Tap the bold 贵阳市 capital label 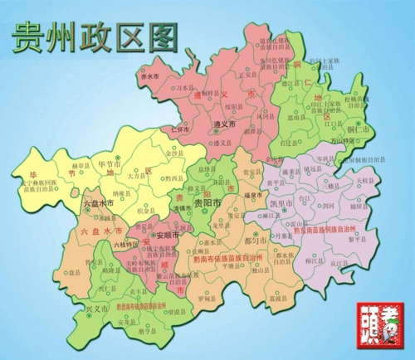tap(207, 202)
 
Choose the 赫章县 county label tap(79, 166)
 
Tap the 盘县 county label tap(74, 272)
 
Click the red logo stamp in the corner tap(381, 327)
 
